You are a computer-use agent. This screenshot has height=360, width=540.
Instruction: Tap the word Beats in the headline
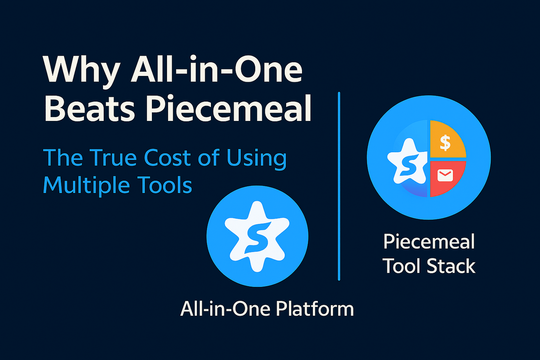[x=89, y=108]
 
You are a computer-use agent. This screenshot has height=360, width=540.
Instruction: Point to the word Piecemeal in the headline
[x=228, y=108]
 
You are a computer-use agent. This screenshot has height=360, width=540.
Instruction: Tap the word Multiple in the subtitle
[x=86, y=186]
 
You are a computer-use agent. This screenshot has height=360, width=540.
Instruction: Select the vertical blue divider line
[x=339, y=186]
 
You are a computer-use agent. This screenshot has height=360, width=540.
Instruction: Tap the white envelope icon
[x=445, y=175]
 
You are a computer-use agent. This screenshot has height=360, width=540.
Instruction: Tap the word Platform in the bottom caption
[x=314, y=309]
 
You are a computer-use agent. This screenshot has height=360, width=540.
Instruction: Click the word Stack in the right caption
[x=451, y=266]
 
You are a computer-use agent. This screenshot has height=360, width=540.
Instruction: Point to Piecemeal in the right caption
[x=429, y=241]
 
